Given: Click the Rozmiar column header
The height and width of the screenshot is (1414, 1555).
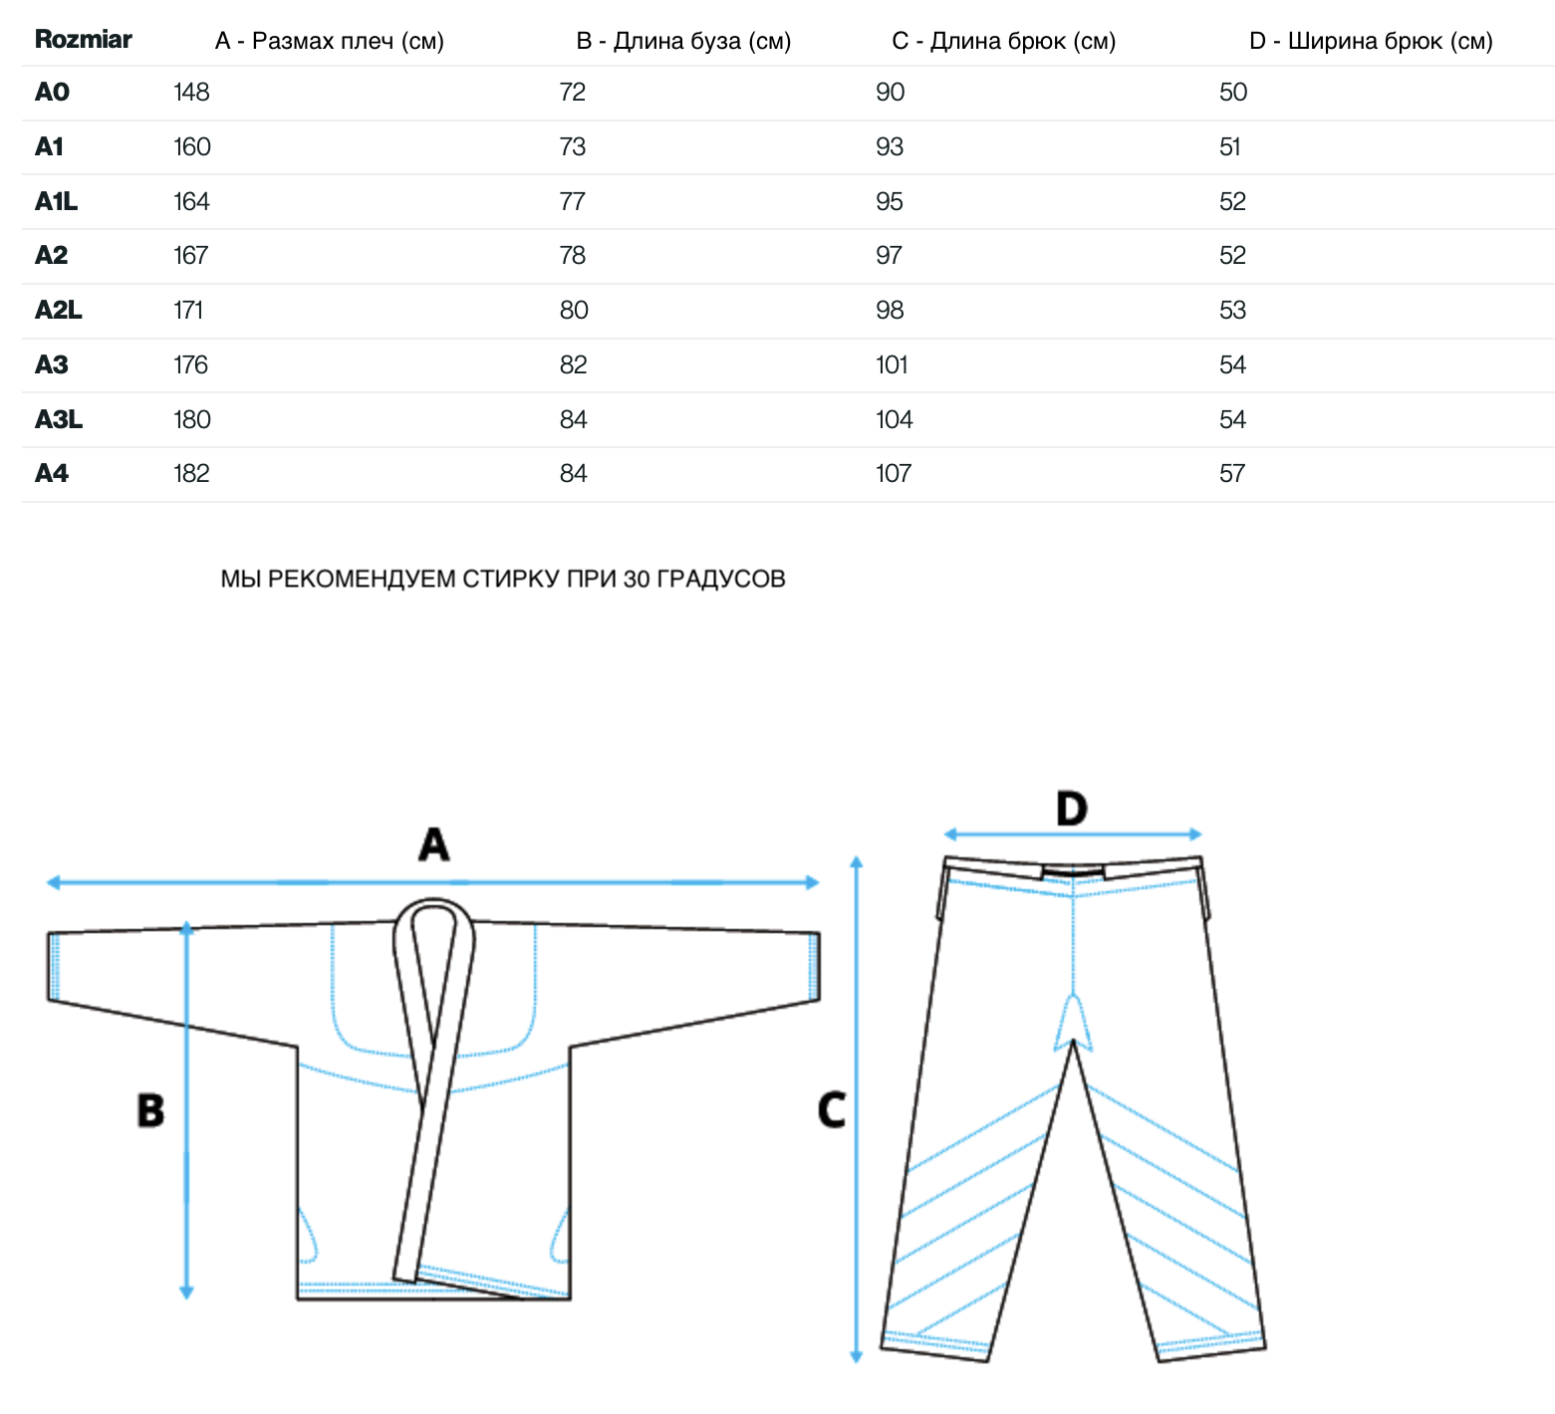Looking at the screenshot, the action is [x=83, y=40].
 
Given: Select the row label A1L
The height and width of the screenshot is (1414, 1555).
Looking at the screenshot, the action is [x=56, y=201].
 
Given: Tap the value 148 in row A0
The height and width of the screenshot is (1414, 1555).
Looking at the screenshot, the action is [x=191, y=93].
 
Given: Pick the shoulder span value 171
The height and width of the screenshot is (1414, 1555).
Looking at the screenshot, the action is [x=188, y=311].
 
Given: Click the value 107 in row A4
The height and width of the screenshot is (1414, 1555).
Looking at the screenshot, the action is [x=894, y=474].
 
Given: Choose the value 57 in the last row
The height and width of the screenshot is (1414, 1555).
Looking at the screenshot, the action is [x=1232, y=474].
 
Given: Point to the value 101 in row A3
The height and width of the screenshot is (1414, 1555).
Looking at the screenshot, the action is [x=892, y=365].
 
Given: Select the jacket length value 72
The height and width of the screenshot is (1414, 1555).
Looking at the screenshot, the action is [x=573, y=93].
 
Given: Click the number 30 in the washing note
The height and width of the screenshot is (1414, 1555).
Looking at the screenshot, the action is [x=636, y=580].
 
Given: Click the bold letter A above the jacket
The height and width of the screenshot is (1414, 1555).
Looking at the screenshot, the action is [x=433, y=844].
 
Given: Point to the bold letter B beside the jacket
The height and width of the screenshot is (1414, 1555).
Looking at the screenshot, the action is [x=150, y=1110].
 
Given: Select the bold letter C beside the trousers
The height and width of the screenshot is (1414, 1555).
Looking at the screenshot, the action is [x=832, y=1110].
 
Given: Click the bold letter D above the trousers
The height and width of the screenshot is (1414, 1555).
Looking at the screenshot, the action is [x=1072, y=809].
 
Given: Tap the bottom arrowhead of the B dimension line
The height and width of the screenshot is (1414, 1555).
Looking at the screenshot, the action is [x=186, y=1293].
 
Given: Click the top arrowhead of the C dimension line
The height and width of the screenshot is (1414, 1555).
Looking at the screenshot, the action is [x=856, y=862].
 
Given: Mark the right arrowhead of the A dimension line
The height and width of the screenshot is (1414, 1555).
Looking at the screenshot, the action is [x=813, y=882].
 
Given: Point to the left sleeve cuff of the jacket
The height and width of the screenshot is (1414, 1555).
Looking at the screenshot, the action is [x=55, y=967].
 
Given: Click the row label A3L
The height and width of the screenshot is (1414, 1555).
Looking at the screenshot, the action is [x=59, y=420].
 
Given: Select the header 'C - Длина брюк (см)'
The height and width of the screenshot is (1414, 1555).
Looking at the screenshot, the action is [x=1004, y=42].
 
